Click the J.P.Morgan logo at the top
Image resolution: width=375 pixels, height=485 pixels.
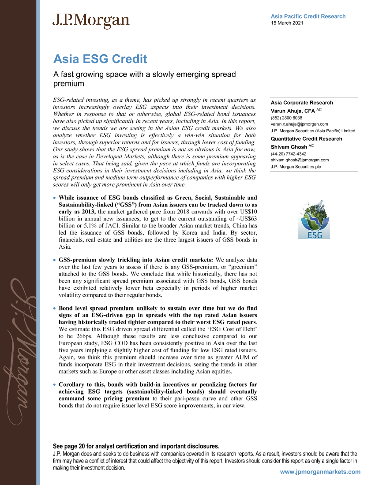coord(91,21)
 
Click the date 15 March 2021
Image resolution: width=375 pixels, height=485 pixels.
coord(287,23)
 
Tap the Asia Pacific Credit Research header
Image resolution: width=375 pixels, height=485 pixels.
coord(308,16)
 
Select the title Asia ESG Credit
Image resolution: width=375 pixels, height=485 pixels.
coord(100,59)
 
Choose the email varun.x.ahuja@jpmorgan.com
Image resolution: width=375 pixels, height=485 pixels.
coord(299,124)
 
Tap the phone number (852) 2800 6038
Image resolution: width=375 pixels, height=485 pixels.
coord(286,118)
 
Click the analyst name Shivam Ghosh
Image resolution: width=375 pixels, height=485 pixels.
coord(289,146)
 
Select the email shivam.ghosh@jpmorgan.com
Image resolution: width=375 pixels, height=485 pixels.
coord(300,160)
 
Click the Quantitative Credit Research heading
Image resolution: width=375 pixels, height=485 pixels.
coord(306,139)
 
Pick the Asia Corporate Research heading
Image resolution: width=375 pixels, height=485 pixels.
coord(302,103)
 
